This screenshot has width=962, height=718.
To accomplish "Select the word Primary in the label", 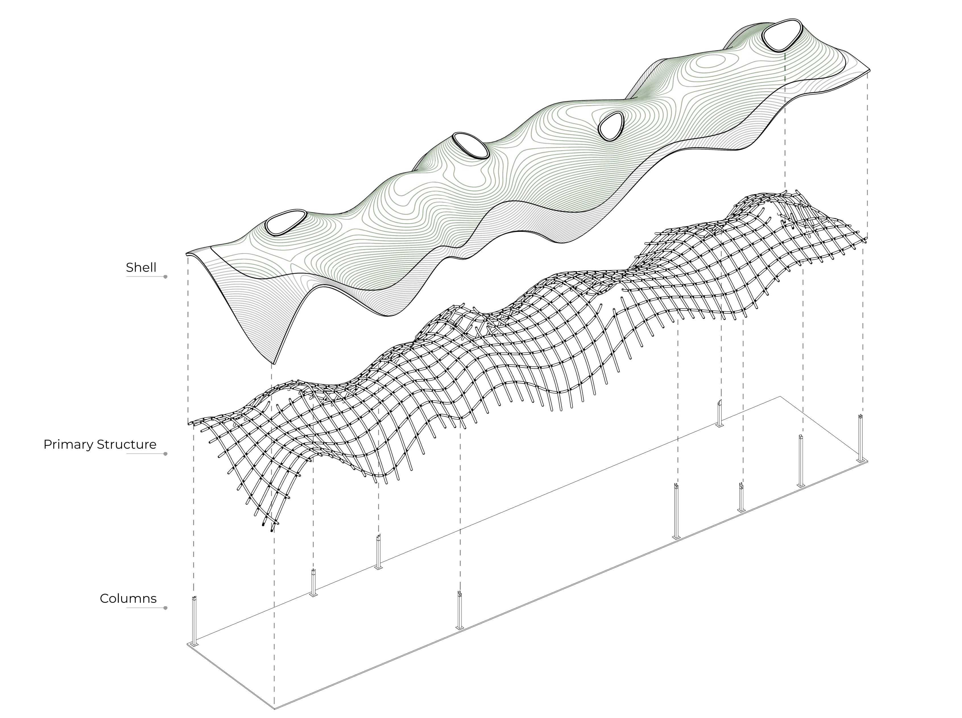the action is pyautogui.click(x=68, y=445).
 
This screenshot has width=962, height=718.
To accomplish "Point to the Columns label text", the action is pyautogui.click(x=128, y=599).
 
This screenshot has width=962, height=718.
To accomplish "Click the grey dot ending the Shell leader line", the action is pyautogui.click(x=165, y=277).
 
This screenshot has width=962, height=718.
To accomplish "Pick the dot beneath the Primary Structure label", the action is pyautogui.click(x=165, y=454).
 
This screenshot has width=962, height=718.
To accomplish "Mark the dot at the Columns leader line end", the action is pyautogui.click(x=165, y=608).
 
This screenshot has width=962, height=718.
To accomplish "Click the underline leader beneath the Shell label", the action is pyautogui.click(x=146, y=277).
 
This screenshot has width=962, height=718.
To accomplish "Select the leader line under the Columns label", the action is pyautogui.click(x=146, y=608).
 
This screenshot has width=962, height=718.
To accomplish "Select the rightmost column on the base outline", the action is pyautogui.click(x=860, y=439).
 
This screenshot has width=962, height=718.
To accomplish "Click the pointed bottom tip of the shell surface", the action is pyautogui.click(x=274, y=363).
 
